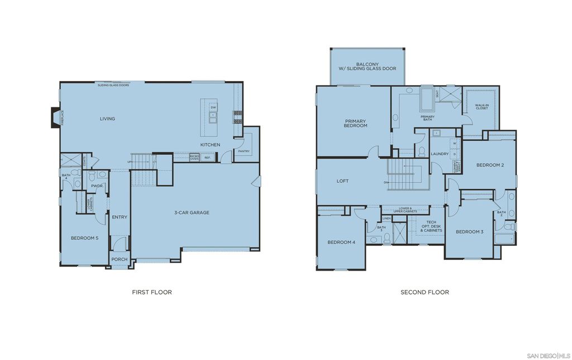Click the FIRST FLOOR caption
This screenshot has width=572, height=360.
[151, 292]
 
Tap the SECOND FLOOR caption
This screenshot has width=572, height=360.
[425, 292]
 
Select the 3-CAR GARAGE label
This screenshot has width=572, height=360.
[192, 212]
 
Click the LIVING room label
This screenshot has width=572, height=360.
[107, 119]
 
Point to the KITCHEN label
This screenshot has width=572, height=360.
[211, 145]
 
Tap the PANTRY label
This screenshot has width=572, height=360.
[244, 151]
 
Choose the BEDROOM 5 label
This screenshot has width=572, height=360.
[84, 238]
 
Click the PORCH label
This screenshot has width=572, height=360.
[120, 259]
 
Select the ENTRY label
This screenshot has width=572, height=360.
[120, 217]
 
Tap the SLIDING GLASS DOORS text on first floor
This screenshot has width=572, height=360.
[113, 86]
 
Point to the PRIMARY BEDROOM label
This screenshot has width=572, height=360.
[356, 124]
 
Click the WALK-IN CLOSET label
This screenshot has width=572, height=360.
[482, 106]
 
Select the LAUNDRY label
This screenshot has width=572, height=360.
[441, 154]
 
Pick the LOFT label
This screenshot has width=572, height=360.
[342, 181]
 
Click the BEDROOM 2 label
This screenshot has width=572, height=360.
[490, 165]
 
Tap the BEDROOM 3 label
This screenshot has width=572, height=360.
[469, 231]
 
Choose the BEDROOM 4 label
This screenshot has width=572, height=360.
[341, 242]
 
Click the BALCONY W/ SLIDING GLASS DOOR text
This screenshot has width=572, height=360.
[367, 66]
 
